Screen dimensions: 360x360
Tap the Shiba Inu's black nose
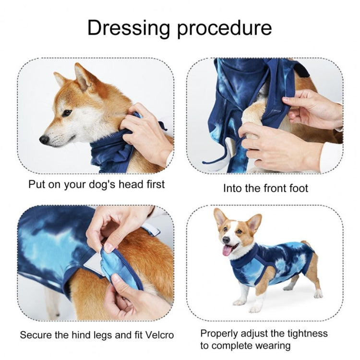pos(44,139)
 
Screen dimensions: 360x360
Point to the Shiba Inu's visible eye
pos(67,113)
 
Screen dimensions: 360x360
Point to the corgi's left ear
pos(254,222)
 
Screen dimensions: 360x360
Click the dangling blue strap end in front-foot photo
pos(212,158)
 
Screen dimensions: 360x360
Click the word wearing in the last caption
pos(276,346)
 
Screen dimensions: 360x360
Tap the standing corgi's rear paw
pos(317,294)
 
